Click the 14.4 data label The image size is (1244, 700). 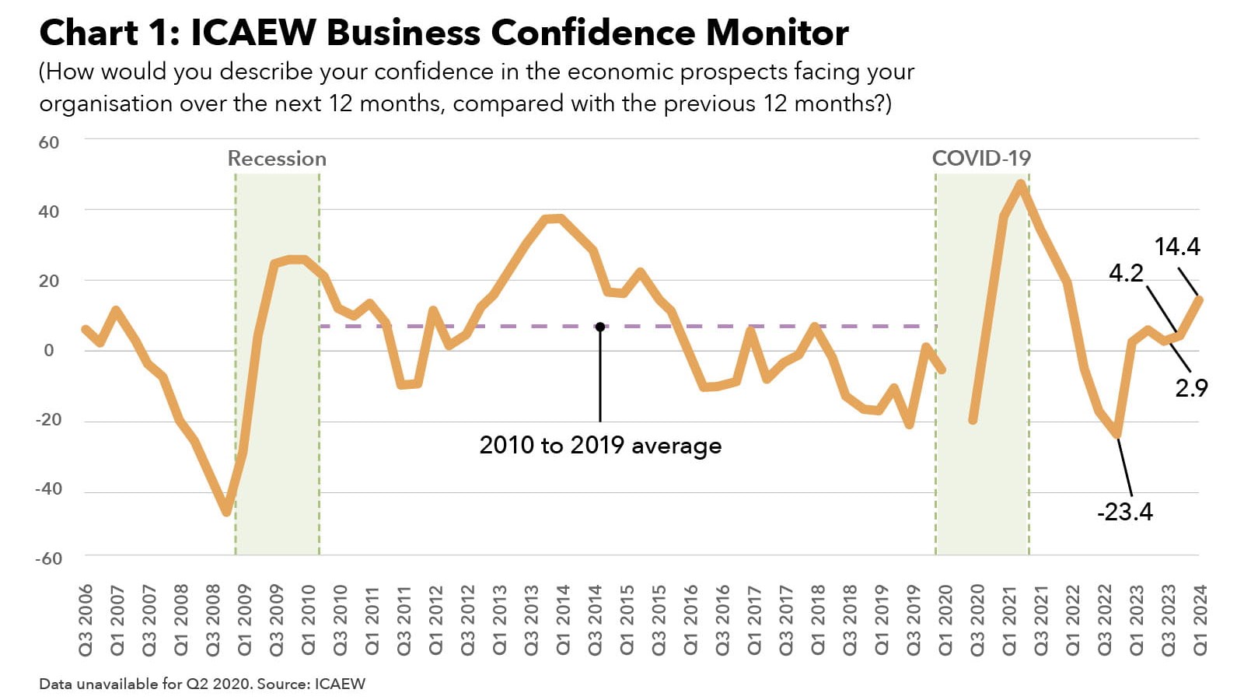pos(1177,247)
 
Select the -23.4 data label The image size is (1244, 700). pos(1124,512)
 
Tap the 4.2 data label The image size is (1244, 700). pos(1125,273)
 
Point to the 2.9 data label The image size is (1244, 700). pos(1190,387)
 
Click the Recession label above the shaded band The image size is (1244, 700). pos(277,159)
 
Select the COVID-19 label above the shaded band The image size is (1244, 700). pos(981,159)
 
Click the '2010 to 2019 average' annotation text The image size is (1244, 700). pos(600,446)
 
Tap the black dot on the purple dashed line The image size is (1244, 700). pos(600,327)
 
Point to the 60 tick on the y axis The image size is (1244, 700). pos(48,142)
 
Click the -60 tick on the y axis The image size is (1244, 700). pos(48,558)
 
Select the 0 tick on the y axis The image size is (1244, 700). pos(49,351)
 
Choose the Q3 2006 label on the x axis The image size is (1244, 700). pos(86,619)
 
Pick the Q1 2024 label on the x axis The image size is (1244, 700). pos(1200,619)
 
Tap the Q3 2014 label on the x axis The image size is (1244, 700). pos(596,619)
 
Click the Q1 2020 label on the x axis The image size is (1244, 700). pos(945,619)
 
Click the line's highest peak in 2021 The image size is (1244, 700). pos(1021,184)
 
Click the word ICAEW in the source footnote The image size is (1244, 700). pos(340,684)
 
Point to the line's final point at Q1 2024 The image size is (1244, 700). pos(1200,299)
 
